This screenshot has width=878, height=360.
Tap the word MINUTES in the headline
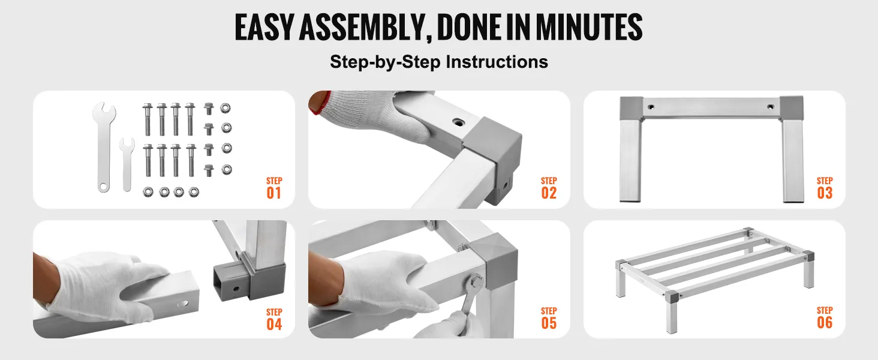pos(589,28)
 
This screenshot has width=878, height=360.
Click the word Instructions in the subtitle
pos(497,62)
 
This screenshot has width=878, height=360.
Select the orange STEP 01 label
pos(274,188)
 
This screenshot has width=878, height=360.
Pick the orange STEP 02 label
pos(549,188)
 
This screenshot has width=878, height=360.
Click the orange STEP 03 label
pos(825,188)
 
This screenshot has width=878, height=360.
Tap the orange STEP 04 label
pos(274,320)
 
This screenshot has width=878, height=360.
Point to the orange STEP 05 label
pos(549,319)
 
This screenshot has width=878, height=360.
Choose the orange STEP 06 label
pos(825,318)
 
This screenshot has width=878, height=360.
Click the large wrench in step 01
pos(104,147)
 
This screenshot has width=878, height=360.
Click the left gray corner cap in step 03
pos(631,109)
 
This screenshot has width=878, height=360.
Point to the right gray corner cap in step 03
pos(792,108)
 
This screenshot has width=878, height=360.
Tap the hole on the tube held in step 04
pos(182,304)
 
